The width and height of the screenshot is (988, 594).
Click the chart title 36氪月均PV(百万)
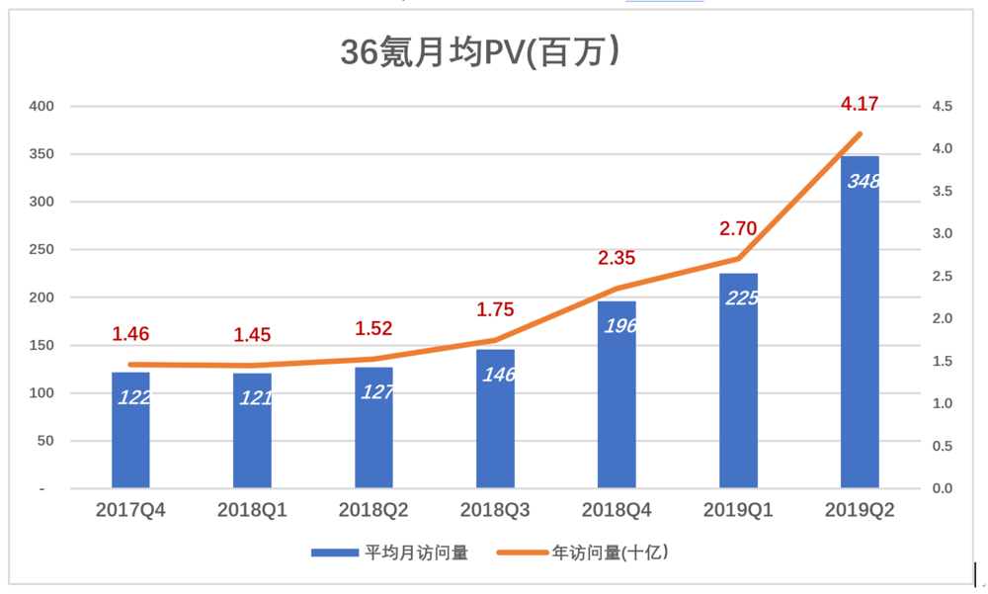click(480, 52)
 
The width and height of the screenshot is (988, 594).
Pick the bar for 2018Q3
click(495, 419)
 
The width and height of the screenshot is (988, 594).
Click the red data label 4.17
click(859, 103)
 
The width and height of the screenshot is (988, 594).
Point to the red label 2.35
click(617, 259)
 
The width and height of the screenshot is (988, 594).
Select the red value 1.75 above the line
click(494, 309)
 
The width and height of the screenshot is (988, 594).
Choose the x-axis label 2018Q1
click(252, 511)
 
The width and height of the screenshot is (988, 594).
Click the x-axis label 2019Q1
click(737, 511)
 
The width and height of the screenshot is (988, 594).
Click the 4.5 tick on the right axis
click(942, 107)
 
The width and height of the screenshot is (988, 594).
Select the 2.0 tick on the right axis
click(942, 319)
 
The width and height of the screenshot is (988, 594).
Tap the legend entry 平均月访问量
click(389, 552)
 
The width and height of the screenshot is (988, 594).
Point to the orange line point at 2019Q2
click(859, 134)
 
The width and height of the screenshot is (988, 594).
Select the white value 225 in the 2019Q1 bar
click(741, 297)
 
